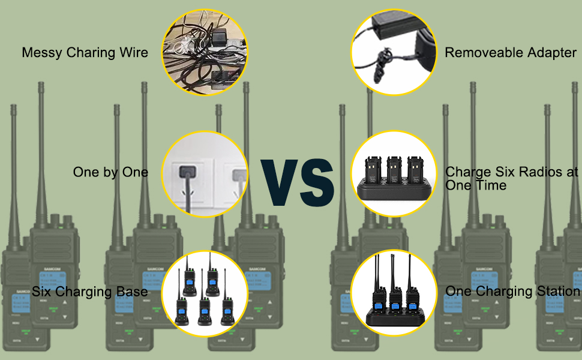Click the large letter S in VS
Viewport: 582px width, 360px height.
click(x=317, y=180)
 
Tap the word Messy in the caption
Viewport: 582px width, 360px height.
click(x=40, y=53)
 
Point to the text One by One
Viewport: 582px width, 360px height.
click(x=110, y=172)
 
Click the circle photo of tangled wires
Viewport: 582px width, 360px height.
click(x=205, y=53)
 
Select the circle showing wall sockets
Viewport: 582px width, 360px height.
click(x=205, y=174)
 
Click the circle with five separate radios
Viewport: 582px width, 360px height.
click(x=205, y=292)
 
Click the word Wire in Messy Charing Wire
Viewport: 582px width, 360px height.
click(x=134, y=53)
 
